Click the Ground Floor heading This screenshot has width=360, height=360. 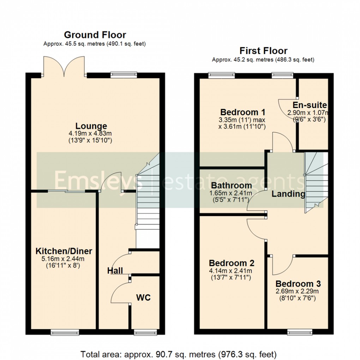[x=95, y=35]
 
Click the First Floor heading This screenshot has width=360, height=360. [x=263, y=51]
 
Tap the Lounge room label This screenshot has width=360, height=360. [x=91, y=126]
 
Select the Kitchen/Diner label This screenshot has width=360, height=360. [x=64, y=251]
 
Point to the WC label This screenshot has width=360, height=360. [x=143, y=298]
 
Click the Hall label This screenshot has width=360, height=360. [x=115, y=271]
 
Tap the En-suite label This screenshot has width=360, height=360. [x=310, y=105]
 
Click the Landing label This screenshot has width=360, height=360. [x=288, y=193]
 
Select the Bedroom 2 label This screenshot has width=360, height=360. [x=232, y=263]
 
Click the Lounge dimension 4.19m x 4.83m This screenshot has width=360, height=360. [x=91, y=134]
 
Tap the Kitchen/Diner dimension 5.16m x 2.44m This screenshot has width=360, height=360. [x=64, y=259]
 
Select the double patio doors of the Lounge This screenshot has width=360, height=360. [x=64, y=66]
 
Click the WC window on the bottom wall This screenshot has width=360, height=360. [x=144, y=332]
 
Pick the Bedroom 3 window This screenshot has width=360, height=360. [x=299, y=332]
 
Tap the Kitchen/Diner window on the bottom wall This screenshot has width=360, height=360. [x=61, y=332]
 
